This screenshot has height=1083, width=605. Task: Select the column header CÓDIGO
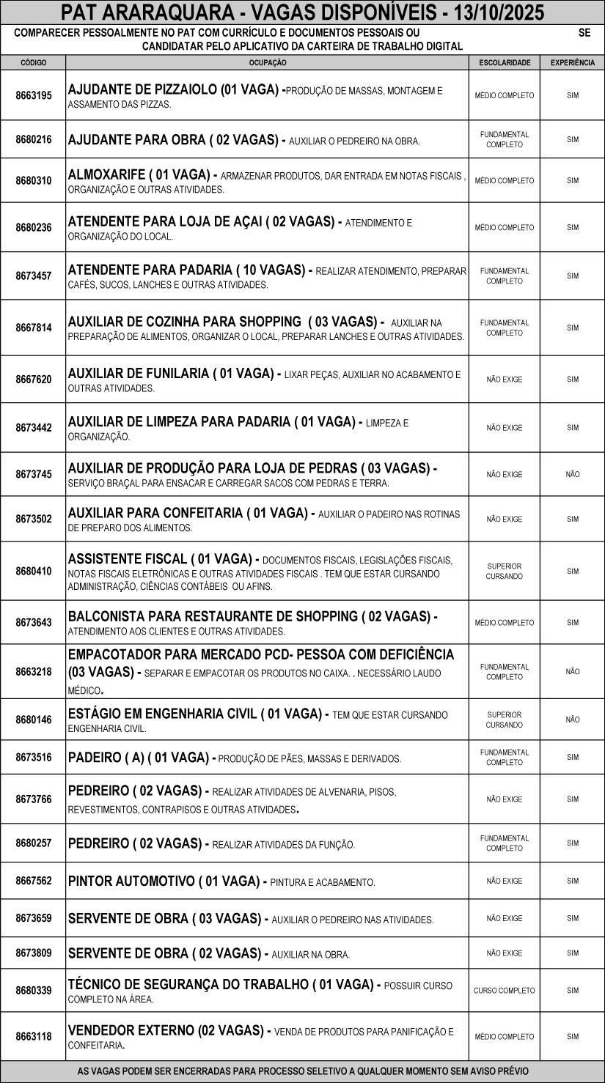coord(33,63)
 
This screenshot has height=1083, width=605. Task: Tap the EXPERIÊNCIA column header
coord(572,63)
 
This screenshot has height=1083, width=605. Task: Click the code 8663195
coord(33,95)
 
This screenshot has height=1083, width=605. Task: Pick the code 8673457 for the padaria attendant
coord(33,276)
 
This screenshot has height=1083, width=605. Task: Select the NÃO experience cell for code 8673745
coord(572,475)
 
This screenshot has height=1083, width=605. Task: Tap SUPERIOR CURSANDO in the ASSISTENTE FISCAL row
coord(504,572)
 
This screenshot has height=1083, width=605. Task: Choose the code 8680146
coord(33,720)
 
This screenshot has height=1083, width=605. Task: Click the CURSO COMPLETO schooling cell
coord(504,991)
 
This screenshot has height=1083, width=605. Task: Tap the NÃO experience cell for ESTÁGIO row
coord(572,720)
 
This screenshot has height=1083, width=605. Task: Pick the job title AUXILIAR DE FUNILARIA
coord(139,374)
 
